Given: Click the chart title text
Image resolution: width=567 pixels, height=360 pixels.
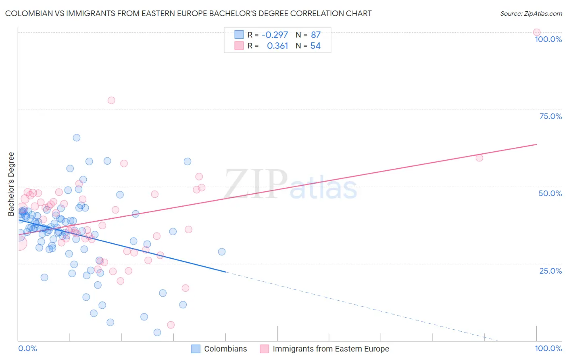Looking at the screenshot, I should (x=188, y=13).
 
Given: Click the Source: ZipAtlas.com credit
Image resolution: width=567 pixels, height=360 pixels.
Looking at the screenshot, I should (x=531, y=13).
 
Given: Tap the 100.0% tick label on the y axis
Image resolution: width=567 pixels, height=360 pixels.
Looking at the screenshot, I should (x=548, y=39).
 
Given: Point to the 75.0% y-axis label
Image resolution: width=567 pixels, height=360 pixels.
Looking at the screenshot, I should (x=550, y=116).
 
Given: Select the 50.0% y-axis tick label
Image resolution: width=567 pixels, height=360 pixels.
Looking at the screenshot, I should (x=550, y=193).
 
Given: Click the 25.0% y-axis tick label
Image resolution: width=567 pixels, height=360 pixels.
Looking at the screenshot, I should (x=550, y=271).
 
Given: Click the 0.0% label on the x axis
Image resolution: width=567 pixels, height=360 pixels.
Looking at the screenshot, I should (x=27, y=348).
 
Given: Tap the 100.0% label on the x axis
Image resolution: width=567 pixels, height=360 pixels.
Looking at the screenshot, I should (x=548, y=348).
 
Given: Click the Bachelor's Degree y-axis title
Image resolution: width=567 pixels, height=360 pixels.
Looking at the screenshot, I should (x=11, y=184).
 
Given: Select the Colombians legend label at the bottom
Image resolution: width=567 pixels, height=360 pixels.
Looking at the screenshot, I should (x=225, y=349).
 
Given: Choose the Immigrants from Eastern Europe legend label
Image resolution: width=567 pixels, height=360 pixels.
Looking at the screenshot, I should (x=331, y=349).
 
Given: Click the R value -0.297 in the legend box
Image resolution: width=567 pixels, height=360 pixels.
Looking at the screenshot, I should (x=275, y=35).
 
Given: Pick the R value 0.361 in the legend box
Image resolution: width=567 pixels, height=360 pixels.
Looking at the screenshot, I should (x=277, y=46).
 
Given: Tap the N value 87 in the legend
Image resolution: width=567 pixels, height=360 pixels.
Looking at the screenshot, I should (x=315, y=35).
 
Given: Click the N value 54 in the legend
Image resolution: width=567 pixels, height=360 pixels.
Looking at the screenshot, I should (x=315, y=46).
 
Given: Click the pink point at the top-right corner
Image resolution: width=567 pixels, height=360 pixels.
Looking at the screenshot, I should (x=537, y=32).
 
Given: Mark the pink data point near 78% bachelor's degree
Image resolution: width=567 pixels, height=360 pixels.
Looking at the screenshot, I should (x=111, y=100).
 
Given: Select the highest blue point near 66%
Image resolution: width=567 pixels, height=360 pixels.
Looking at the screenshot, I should (x=77, y=138).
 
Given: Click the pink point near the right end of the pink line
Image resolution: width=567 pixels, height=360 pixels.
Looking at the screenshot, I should (x=479, y=158).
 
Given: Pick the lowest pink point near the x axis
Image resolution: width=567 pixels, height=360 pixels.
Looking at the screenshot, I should (x=171, y=325).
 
